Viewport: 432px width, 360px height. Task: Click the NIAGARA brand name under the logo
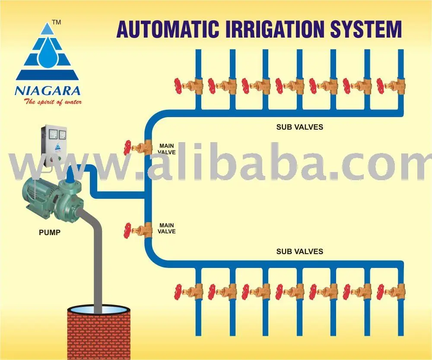tap(47, 91)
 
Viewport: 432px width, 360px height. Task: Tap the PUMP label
tap(50, 232)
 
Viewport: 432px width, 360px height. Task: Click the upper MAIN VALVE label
tap(166, 149)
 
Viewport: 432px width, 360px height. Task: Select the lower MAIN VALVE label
tap(166, 228)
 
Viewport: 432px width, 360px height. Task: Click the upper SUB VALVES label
tap(299, 127)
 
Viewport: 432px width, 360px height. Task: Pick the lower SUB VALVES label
tap(299, 251)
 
